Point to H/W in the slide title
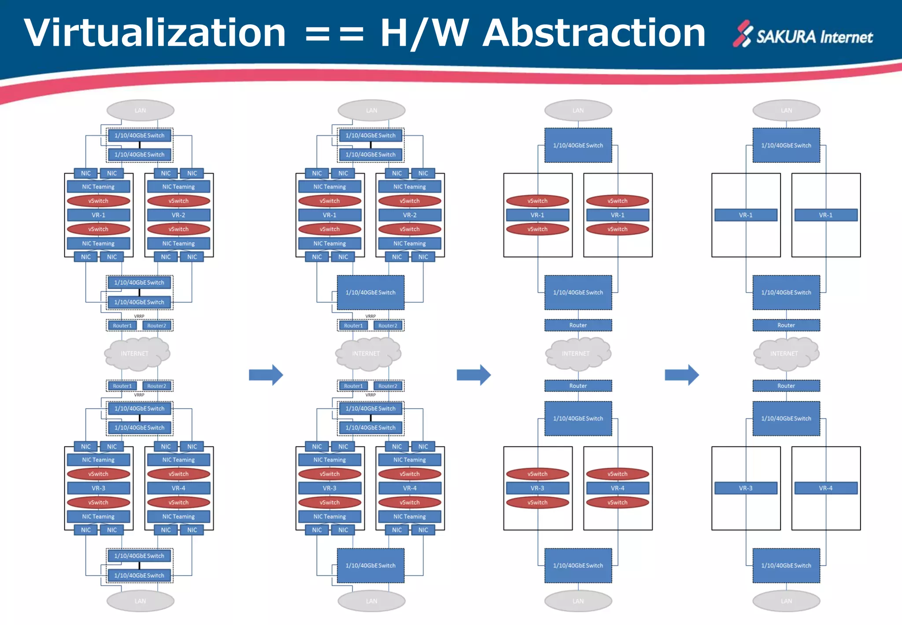pos(424,33)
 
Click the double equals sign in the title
pos(334,34)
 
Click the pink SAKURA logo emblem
pos(743,33)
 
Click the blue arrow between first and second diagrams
pos(266,375)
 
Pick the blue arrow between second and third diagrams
pos(474,375)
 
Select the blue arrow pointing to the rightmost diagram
pos(682,375)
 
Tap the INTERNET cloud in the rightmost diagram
pos(786,353)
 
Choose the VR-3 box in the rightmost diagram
pos(746,488)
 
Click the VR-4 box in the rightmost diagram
pos(826,488)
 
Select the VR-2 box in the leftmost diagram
pos(178,215)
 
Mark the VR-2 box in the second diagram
pos(410,215)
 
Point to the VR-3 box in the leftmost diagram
pos(98,488)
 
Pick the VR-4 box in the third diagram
pos(617,488)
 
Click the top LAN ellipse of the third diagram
pos(578,111)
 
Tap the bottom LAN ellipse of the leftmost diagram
pos(140,601)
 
